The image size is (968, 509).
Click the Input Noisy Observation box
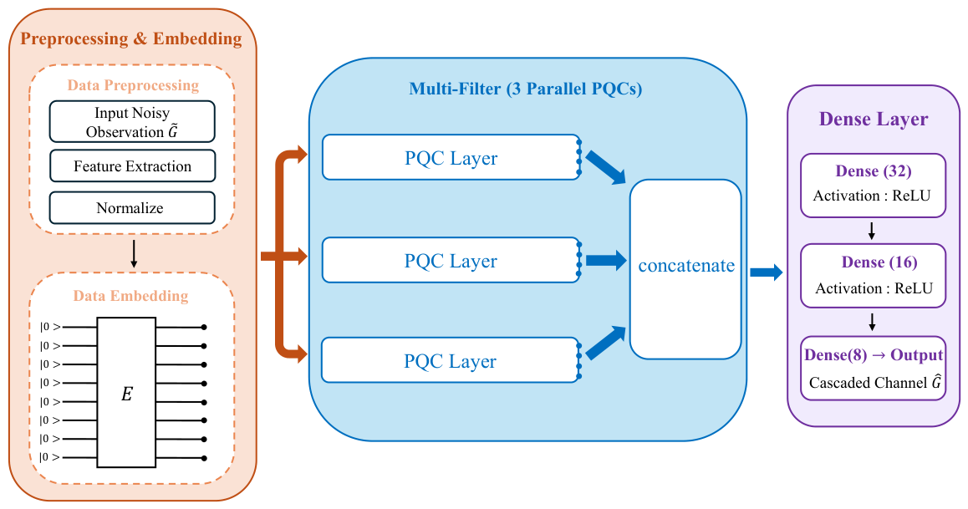click(x=132, y=121)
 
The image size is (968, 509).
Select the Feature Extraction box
click(x=132, y=166)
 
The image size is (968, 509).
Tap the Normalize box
click(x=132, y=208)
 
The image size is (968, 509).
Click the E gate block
click(x=126, y=393)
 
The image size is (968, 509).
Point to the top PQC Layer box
click(x=451, y=157)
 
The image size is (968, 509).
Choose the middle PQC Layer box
click(x=451, y=261)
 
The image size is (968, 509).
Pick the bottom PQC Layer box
click(x=451, y=360)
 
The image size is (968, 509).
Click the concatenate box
click(x=685, y=269)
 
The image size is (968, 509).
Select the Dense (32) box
click(x=873, y=186)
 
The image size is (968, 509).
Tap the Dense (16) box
click(x=873, y=276)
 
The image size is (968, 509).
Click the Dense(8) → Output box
click(x=873, y=369)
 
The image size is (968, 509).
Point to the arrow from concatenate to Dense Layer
click(x=767, y=272)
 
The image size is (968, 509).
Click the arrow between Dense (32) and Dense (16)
click(x=872, y=231)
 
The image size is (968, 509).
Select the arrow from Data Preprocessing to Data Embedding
click(x=134, y=254)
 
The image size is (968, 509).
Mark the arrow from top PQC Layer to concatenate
click(x=605, y=167)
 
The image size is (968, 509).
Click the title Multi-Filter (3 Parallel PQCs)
click(x=525, y=89)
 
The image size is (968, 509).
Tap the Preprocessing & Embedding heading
click(x=131, y=38)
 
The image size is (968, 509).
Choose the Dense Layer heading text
click(x=873, y=119)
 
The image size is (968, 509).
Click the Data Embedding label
click(x=131, y=296)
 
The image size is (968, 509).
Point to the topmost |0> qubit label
click(x=51, y=327)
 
